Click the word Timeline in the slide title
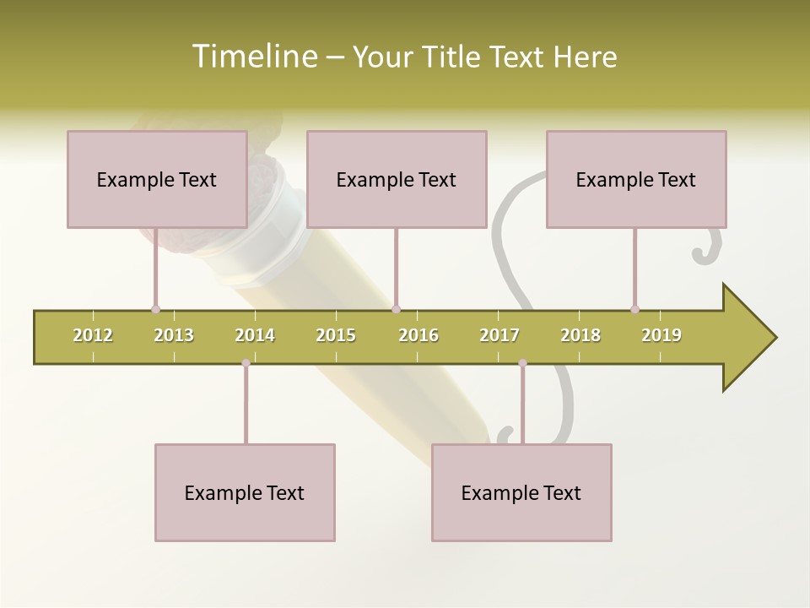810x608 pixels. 254,57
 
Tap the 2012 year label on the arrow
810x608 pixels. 93,335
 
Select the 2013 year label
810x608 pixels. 174,335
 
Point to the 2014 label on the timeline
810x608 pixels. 255,335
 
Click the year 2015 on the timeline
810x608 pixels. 336,335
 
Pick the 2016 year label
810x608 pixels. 418,335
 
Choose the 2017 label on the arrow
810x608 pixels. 499,335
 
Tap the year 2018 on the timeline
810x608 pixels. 580,335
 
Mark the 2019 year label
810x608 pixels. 661,335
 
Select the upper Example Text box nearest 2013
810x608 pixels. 157,179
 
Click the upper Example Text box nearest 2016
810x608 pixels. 397,179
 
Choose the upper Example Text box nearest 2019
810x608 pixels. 636,179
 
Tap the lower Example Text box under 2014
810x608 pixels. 245,492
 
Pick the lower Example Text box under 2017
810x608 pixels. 521,492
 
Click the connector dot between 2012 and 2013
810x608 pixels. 155,309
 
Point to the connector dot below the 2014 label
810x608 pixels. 246,363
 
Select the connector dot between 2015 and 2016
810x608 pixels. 396,309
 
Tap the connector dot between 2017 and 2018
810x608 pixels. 522,363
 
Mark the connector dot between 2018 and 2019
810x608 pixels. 634,309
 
